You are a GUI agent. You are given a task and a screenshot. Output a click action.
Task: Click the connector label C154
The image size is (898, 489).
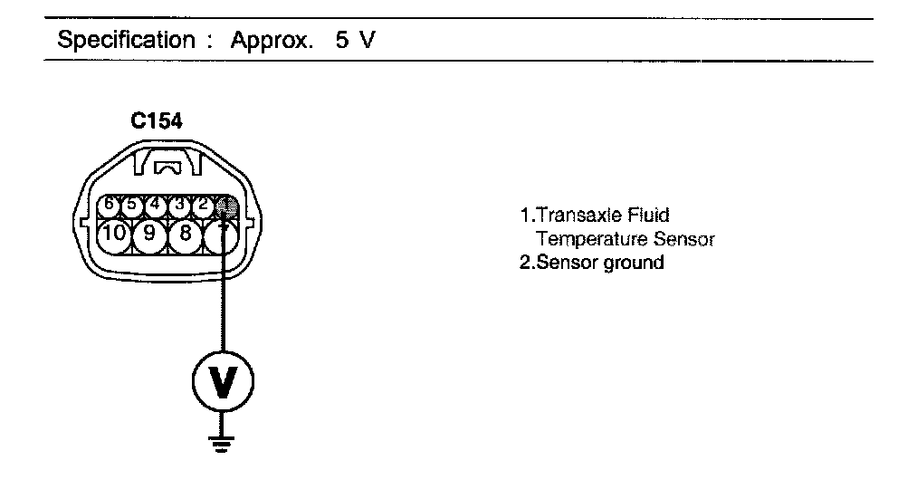coord(156,124)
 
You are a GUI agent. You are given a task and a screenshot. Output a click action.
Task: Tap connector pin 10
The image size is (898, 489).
coord(114,235)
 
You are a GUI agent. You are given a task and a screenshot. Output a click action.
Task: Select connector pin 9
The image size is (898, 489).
coord(149,235)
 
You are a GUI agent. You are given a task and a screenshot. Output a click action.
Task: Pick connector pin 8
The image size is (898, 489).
coord(185,235)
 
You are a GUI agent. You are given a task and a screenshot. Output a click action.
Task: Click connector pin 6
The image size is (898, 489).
coord(110,203)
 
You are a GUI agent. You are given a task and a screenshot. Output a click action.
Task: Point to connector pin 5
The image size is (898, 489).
coord(132,203)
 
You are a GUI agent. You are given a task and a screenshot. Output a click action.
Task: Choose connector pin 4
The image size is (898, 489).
coord(156,203)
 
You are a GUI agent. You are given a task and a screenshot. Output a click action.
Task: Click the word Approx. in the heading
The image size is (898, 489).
coord(279,41)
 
